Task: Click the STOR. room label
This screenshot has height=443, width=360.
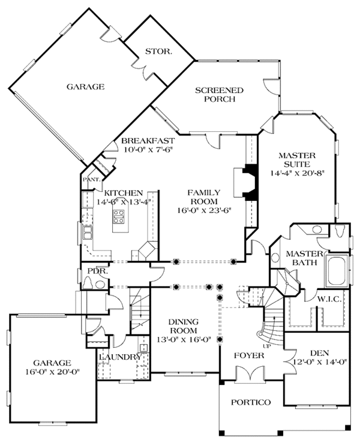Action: (158, 52)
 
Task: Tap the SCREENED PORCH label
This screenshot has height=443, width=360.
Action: (220, 95)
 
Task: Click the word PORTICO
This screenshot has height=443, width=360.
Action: (250, 402)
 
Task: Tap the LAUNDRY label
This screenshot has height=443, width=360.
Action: (121, 358)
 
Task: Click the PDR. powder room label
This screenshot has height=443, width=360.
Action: (97, 270)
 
